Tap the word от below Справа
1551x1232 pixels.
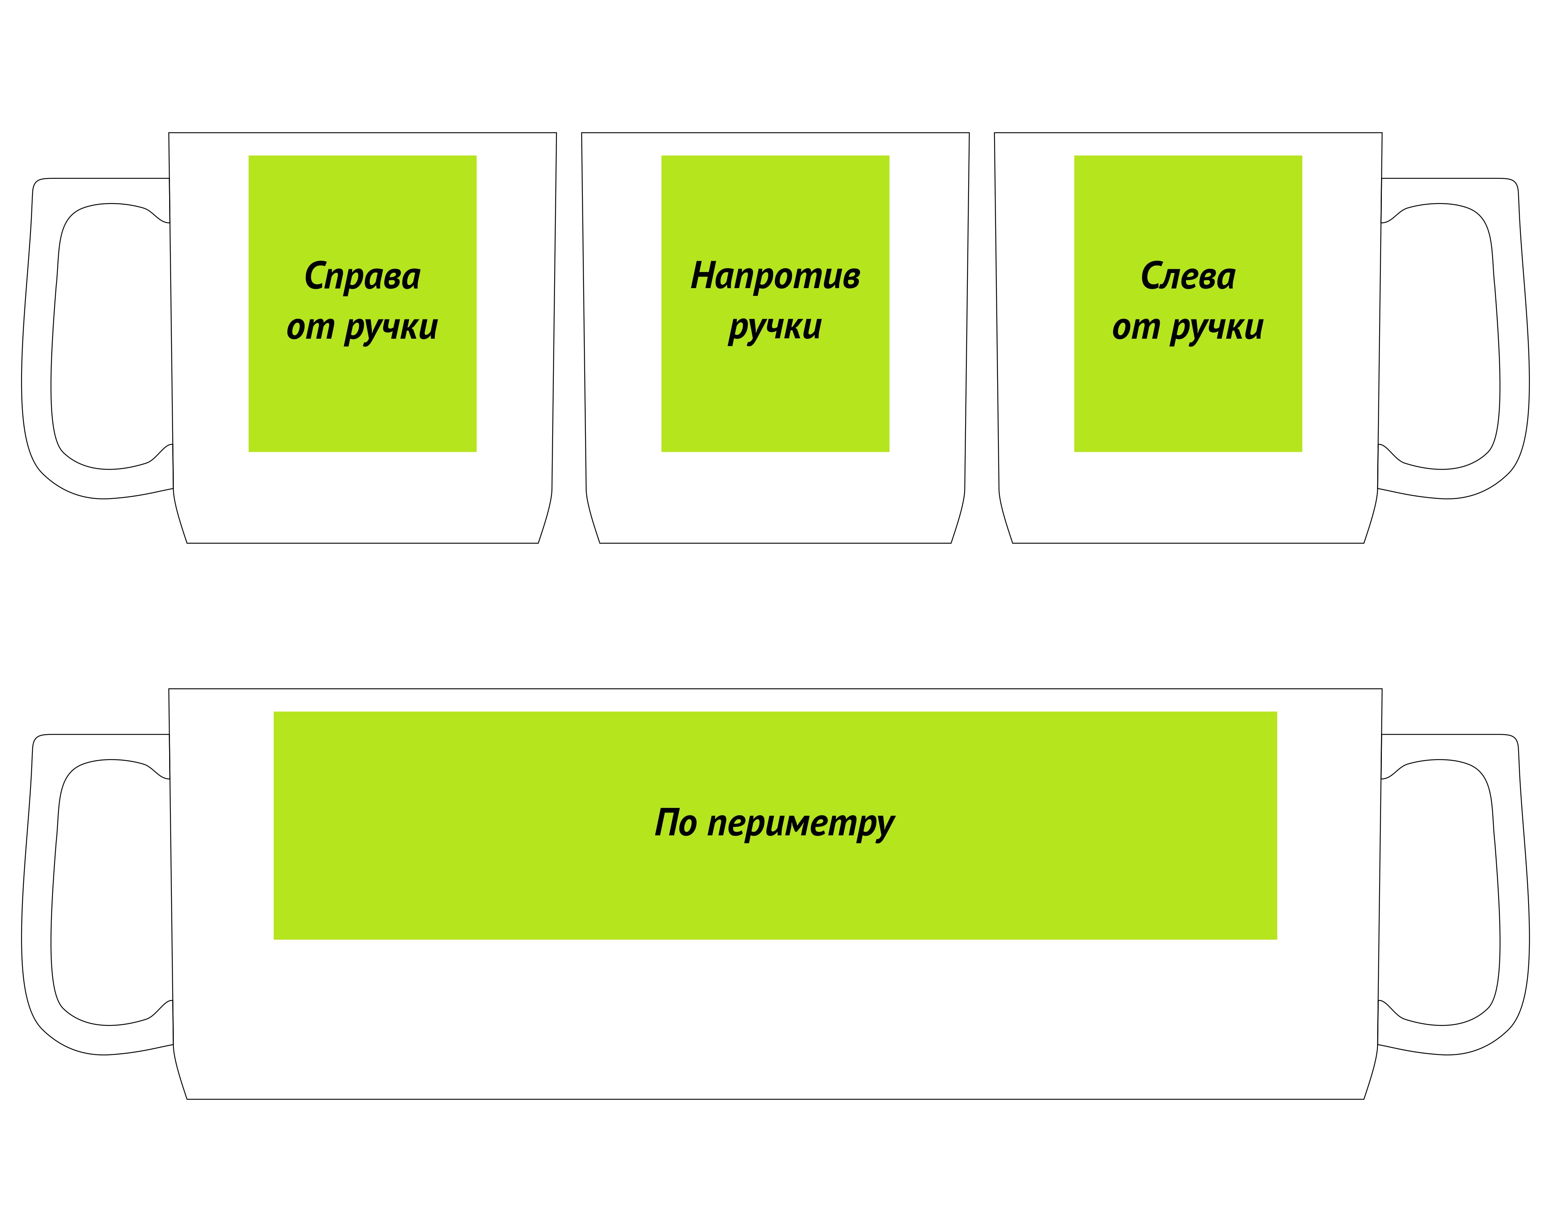[x=310, y=328]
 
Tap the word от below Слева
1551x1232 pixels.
[x=1136, y=328]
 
